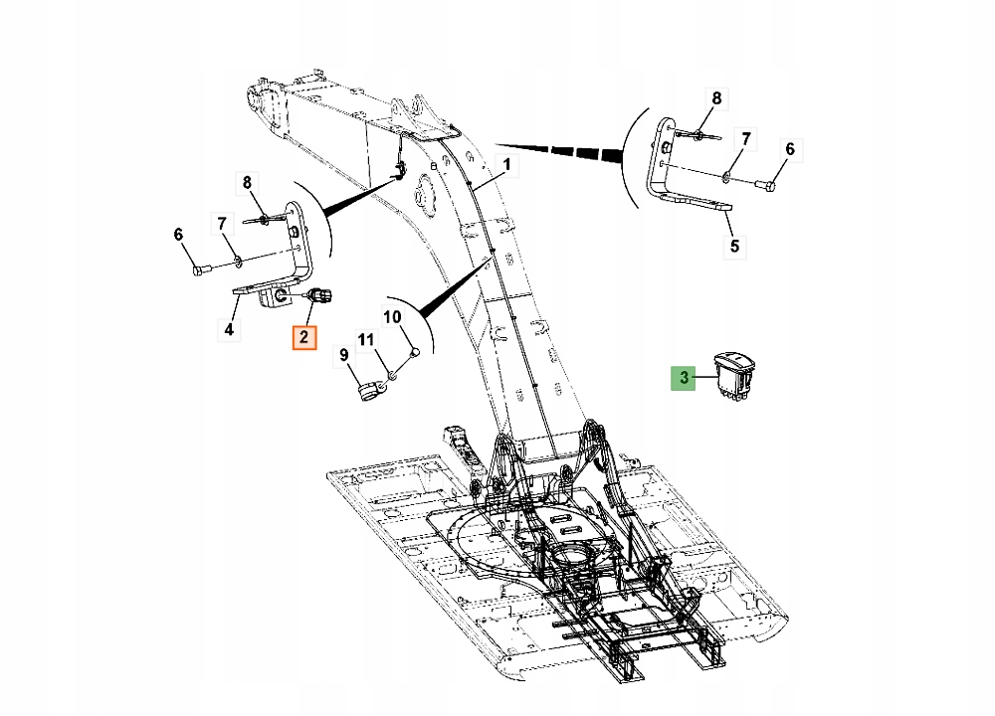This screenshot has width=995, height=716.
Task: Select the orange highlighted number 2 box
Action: coord(303,337)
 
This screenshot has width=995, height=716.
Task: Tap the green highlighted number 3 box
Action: coord(684,378)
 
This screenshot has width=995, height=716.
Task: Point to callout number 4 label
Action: coord(229,328)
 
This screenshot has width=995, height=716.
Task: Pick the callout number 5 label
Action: coord(734,245)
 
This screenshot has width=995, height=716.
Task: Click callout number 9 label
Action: coord(343,354)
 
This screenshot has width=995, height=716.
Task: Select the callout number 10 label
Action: coord(392,317)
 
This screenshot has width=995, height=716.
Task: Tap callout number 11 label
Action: coord(366,341)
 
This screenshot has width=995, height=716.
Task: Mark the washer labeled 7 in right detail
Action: coord(729,177)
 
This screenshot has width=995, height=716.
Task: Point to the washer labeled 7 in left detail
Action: coord(239,264)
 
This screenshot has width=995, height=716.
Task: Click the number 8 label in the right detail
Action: coord(714,97)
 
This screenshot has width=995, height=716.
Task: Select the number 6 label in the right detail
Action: coord(790,149)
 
